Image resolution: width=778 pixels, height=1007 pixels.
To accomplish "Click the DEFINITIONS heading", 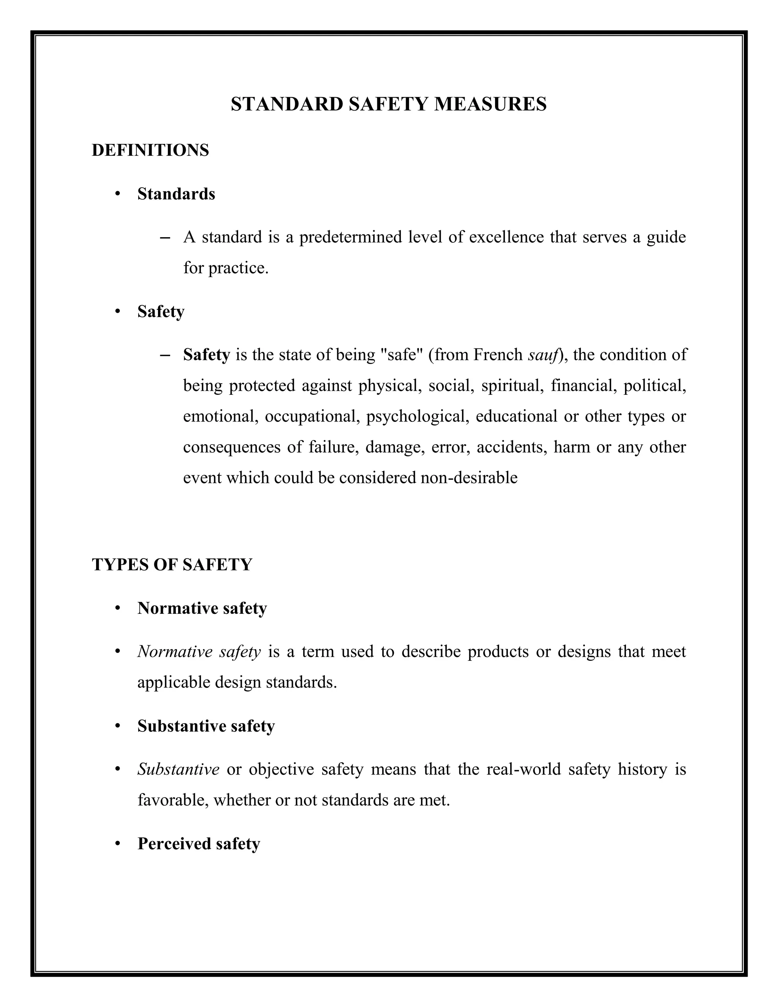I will (x=150, y=150).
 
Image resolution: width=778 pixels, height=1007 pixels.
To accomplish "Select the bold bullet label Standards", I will (x=176, y=194).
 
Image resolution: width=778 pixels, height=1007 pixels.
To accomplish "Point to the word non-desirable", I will (x=469, y=478).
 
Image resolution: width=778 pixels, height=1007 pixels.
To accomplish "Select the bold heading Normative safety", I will (x=202, y=608).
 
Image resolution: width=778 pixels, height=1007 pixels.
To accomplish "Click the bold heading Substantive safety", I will (x=206, y=726).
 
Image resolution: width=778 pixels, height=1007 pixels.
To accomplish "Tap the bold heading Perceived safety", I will (x=199, y=843).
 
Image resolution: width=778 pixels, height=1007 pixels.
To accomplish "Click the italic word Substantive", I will (x=178, y=769).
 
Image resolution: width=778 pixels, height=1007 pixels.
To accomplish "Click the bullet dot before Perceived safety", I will (x=118, y=843).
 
